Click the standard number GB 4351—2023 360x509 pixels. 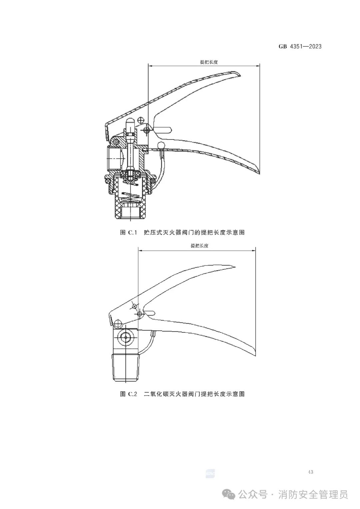[300, 47]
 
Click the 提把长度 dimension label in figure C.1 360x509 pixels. [209, 62]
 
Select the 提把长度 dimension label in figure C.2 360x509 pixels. [199, 246]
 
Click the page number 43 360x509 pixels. [310, 472]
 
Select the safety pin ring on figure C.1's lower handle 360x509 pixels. [161, 145]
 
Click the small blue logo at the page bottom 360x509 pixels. [210, 474]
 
